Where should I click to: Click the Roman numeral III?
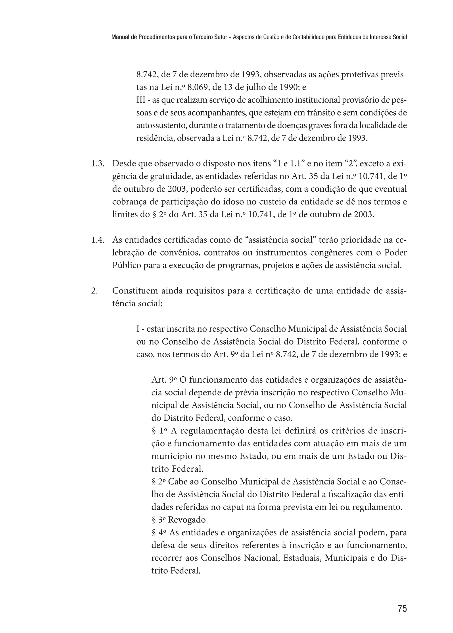[x=140, y=100]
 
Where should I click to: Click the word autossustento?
[x=161, y=126]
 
